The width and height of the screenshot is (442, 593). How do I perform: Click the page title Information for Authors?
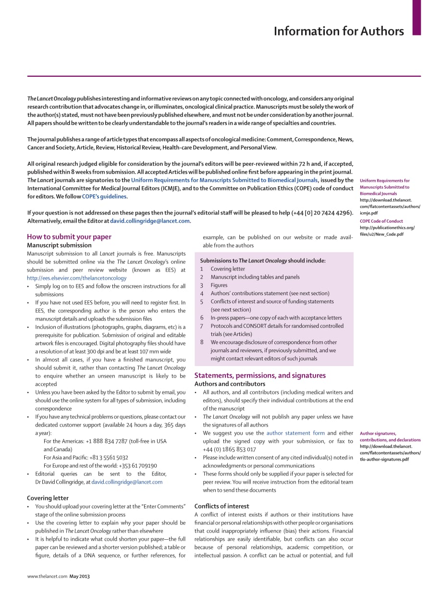click(339, 32)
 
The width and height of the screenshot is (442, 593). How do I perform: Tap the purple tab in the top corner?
click(417, 17)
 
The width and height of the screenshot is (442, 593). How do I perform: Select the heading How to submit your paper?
click(69, 237)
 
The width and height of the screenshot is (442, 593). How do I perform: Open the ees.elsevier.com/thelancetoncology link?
click(77, 278)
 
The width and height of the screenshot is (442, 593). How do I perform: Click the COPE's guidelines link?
click(104, 196)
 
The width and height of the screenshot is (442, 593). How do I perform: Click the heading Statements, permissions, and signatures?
click(260, 375)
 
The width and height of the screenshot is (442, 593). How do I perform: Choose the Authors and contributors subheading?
click(230, 384)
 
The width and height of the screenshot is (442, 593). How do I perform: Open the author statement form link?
click(295, 433)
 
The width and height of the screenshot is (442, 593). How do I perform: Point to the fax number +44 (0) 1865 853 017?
click(229, 449)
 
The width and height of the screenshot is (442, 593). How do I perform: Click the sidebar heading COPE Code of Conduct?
click(381, 221)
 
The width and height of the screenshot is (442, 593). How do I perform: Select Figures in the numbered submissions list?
click(219, 285)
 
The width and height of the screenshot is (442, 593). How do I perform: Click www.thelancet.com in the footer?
click(47, 576)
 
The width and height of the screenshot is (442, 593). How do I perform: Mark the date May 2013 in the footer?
click(80, 576)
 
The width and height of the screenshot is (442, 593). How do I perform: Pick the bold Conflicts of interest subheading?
click(221, 506)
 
